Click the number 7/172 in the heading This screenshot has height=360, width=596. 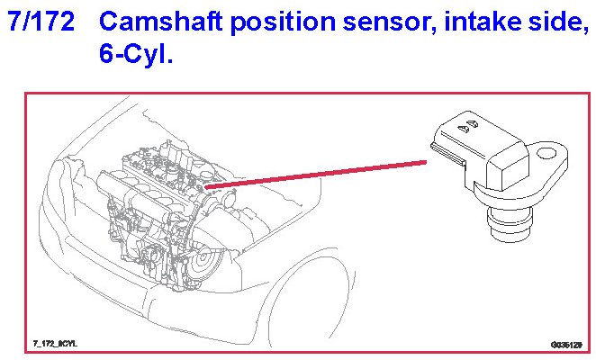click(41, 21)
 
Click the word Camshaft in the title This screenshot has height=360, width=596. click(161, 21)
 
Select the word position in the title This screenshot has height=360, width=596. click(284, 22)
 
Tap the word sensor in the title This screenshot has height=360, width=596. click(389, 23)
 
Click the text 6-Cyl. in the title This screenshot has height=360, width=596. click(136, 53)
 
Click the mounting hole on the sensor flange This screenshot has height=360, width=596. click(546, 153)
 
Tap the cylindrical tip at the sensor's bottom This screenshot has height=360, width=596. click(509, 224)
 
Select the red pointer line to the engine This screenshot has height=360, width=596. click(315, 175)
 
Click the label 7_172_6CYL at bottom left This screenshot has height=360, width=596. click(55, 344)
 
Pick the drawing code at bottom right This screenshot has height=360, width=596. click(566, 345)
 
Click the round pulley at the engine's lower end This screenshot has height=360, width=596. click(204, 262)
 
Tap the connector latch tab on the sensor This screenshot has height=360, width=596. click(448, 153)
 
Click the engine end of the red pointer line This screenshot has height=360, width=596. click(205, 186)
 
